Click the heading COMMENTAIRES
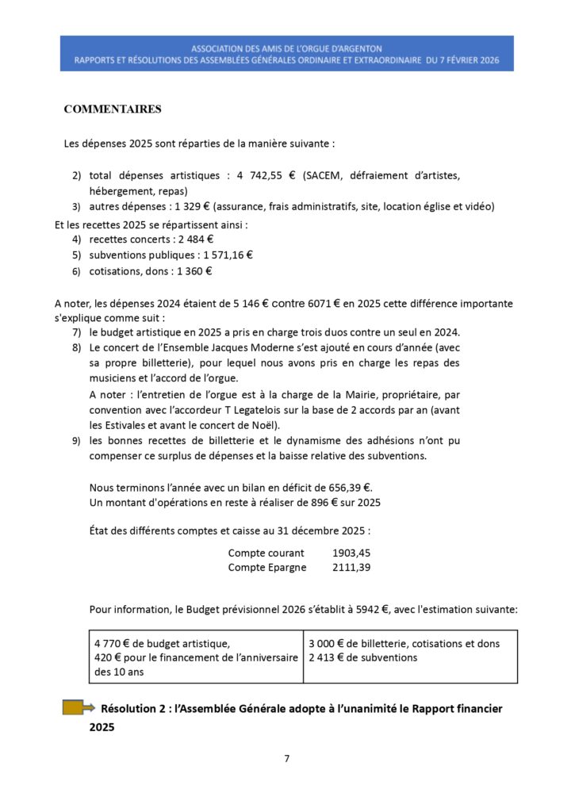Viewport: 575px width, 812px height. [x=113, y=109]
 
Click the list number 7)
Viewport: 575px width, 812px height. [x=76, y=331]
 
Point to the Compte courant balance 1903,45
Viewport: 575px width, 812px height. [x=351, y=552]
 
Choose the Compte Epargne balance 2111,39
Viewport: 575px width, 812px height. [x=351, y=567]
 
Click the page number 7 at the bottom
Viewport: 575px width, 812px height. [x=287, y=758]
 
